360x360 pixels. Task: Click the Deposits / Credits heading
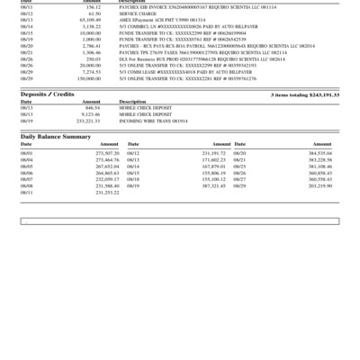point(48,94)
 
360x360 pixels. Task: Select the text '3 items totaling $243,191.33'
point(304,94)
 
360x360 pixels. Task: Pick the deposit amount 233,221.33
point(87,120)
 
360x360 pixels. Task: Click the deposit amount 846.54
point(92,108)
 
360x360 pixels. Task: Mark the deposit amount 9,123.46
point(89,114)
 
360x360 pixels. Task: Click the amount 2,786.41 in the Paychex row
point(89,47)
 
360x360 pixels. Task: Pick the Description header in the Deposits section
point(132,102)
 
